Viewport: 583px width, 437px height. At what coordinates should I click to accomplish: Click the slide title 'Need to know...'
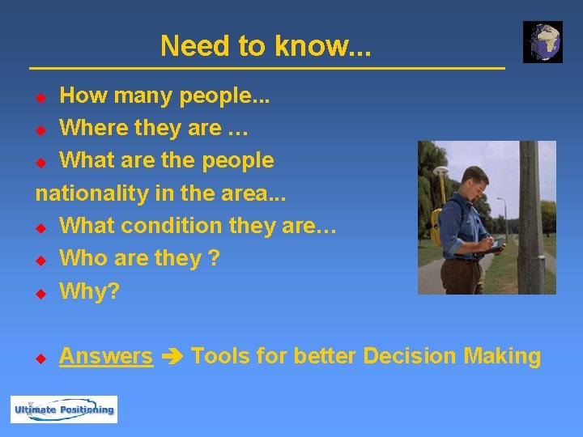pos(266,46)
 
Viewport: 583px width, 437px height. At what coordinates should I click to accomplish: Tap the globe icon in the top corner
pos(543,42)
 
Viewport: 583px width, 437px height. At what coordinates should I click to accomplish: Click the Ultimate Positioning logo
pos(64,409)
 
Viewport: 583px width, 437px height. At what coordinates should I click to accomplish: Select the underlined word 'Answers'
pos(106,356)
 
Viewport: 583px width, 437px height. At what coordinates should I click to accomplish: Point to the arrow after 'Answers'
pos(172,357)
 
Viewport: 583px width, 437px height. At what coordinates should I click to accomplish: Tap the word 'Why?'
pos(89,291)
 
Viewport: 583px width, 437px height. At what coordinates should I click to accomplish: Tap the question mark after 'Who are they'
pos(214,258)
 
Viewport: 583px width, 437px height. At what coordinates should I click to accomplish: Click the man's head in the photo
pos(474,180)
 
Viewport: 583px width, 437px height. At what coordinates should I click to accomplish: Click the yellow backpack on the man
pos(437,227)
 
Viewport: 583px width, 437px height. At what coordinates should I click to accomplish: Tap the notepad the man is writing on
pos(496,245)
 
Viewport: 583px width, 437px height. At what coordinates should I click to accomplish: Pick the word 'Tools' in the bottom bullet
pos(221,356)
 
